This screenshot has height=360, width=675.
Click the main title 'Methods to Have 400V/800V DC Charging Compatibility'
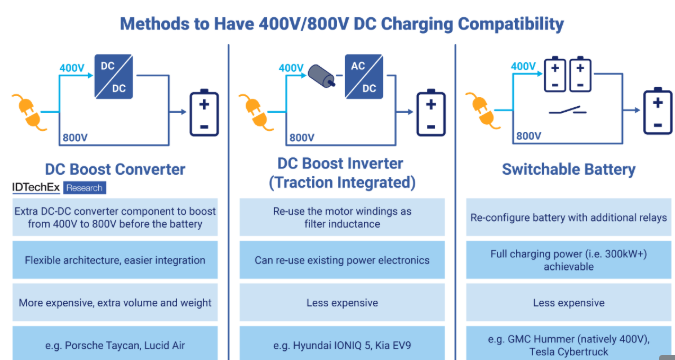(x=340, y=22)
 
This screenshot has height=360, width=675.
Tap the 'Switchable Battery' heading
(x=567, y=169)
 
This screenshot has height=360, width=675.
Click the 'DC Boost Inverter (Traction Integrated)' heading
(x=341, y=171)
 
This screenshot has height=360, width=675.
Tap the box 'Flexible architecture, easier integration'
(x=113, y=260)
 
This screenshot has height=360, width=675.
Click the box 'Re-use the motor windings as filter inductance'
(x=341, y=217)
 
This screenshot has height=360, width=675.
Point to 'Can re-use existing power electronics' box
(x=341, y=260)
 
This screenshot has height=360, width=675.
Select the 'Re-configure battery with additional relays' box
(x=567, y=217)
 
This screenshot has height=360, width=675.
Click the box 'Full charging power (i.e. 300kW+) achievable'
(x=567, y=260)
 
